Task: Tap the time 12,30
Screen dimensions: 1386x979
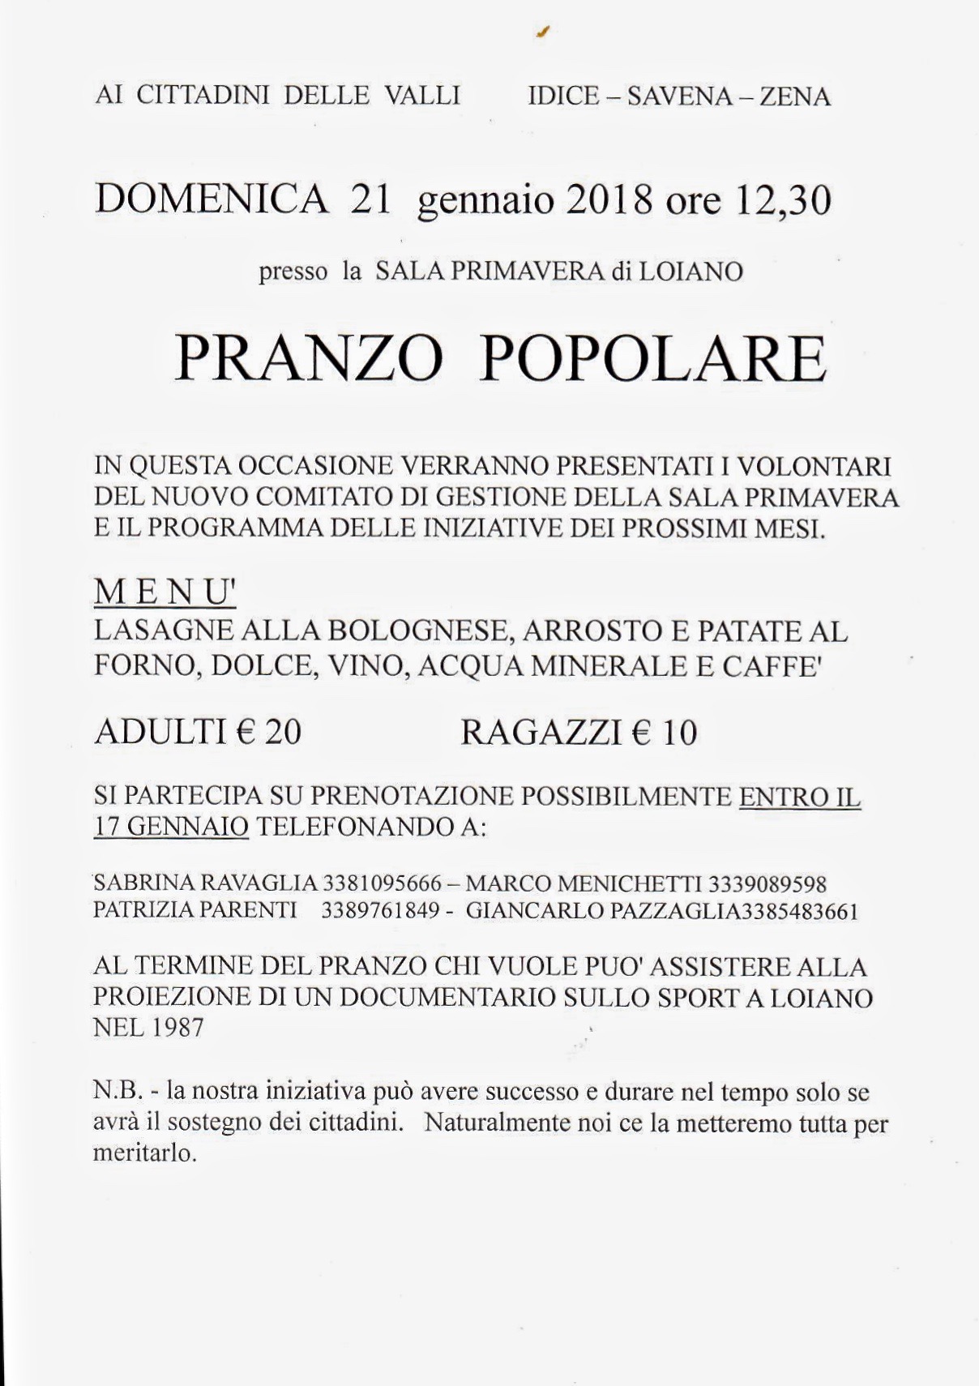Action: (783, 200)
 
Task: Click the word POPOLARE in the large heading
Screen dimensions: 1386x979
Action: (653, 359)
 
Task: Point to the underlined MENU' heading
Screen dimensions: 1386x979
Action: (165, 593)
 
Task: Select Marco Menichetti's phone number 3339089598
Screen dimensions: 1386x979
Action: (767, 883)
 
